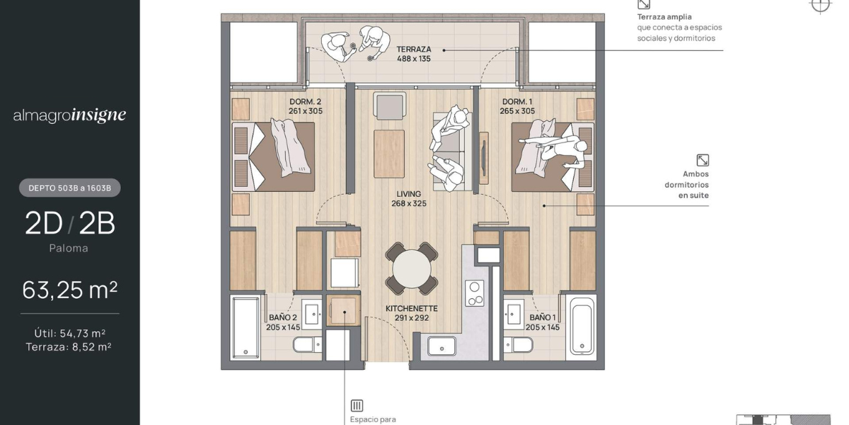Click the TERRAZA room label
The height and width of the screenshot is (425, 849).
coord(413,50)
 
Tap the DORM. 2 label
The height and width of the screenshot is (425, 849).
coord(305,102)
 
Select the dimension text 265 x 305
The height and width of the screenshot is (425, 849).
coord(517,111)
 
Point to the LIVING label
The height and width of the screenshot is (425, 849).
coord(409,194)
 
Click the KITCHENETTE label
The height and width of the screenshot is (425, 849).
coord(412,309)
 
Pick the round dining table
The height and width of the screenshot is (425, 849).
coord(412,268)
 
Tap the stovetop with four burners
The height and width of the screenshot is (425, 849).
coord(475,293)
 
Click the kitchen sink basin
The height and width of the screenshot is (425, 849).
coord(441,346)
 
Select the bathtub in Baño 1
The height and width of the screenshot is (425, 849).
coord(581,327)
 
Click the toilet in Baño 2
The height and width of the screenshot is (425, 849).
coord(307,345)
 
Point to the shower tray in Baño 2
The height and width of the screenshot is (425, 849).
coord(246,327)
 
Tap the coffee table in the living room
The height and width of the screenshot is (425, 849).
coord(389,154)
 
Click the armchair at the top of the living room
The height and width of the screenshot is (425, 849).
coord(389,106)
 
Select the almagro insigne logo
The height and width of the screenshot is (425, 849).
coord(69,115)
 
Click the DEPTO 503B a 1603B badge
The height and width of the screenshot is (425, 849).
coord(70,188)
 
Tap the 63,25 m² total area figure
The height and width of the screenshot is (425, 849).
coord(70,290)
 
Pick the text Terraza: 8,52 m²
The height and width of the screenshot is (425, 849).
coord(69,347)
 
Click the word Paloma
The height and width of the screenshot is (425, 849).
coord(69,248)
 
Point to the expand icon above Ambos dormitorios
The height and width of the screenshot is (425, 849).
coord(703,160)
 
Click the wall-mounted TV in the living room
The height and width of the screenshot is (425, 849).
coord(484,159)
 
